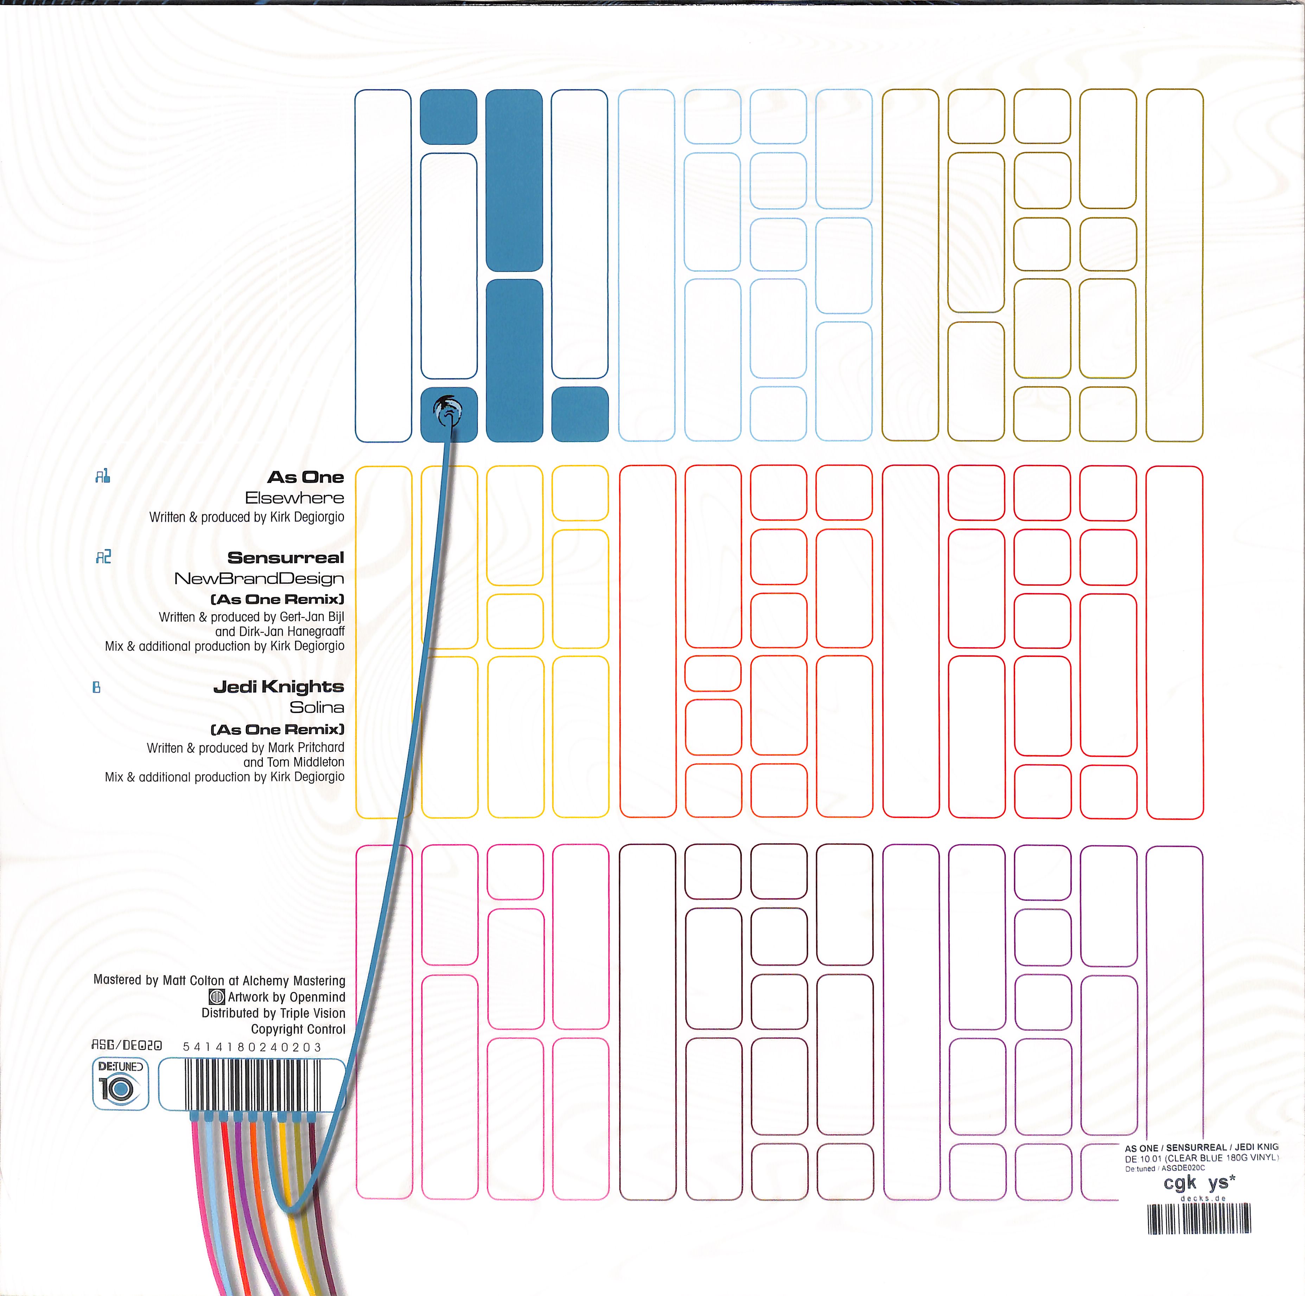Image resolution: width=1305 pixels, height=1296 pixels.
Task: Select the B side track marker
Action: [x=96, y=688]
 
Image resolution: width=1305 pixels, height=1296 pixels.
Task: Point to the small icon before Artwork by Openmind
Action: [x=217, y=997]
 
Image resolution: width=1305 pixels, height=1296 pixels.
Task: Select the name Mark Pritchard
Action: [x=306, y=748]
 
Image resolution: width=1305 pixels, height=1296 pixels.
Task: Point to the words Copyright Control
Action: [x=298, y=1029]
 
